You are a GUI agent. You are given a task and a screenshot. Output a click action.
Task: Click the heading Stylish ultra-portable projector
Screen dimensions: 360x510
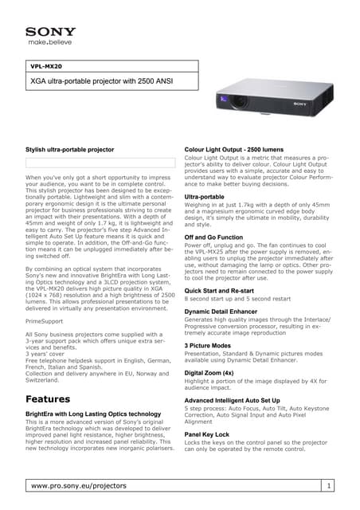[76, 150]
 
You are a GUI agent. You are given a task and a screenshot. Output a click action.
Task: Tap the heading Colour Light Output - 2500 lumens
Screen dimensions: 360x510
[242, 150]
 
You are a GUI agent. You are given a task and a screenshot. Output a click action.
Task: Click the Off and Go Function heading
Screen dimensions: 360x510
[213, 237]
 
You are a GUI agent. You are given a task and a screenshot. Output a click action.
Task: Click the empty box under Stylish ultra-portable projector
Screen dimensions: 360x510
[100, 163]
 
